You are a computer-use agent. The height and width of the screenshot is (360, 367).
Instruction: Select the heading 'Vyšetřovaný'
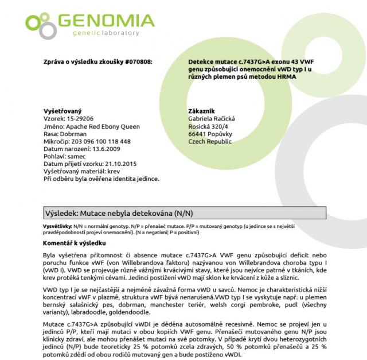click(63, 111)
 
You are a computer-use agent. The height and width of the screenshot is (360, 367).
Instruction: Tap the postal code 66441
click(197, 134)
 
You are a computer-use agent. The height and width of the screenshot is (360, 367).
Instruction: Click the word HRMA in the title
click(278, 76)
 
